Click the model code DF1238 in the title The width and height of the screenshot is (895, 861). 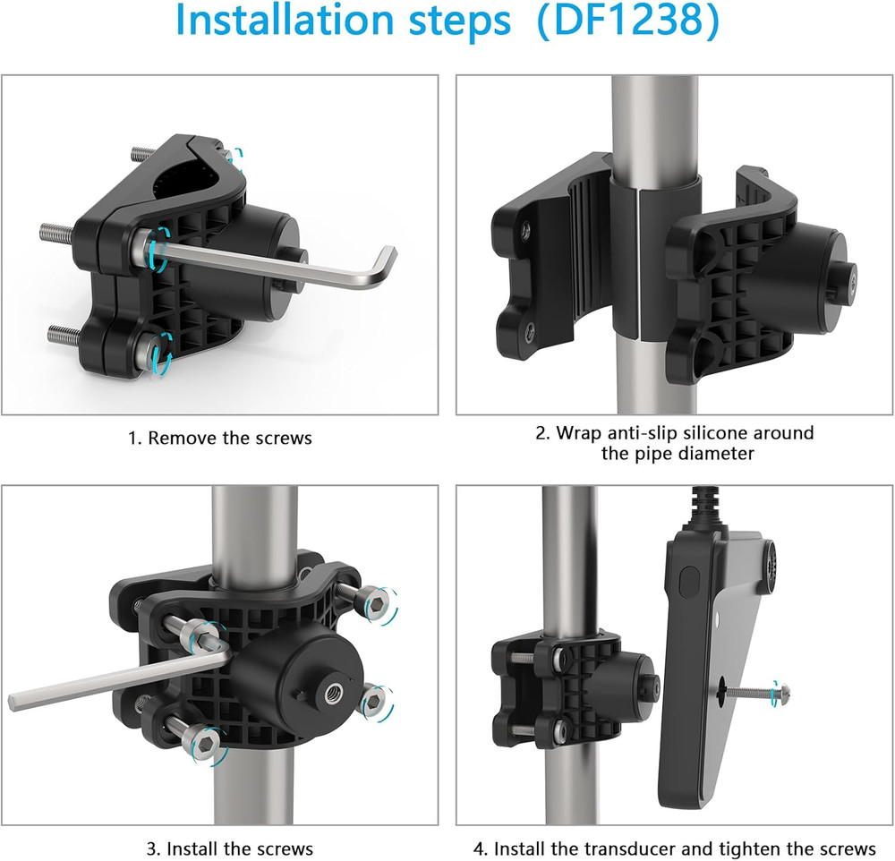tap(628, 20)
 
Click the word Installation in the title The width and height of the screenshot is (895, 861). tap(285, 20)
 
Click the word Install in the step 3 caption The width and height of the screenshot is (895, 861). tap(192, 848)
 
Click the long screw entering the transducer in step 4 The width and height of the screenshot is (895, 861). tap(754, 692)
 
